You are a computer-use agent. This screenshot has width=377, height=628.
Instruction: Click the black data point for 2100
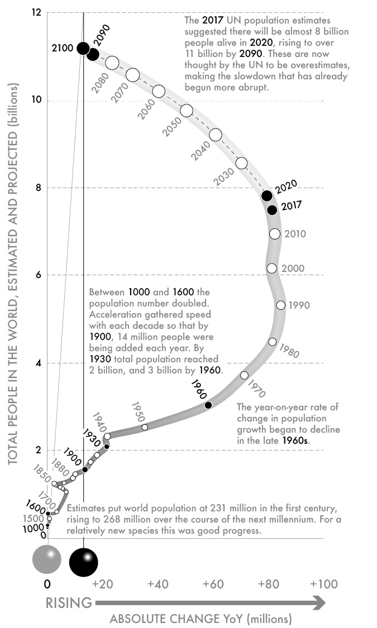83,49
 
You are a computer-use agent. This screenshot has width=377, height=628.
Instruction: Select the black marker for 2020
267,195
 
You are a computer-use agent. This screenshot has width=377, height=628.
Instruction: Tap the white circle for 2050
187,111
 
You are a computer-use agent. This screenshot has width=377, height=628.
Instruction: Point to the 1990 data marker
281,305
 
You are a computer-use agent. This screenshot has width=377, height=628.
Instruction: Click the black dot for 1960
208,405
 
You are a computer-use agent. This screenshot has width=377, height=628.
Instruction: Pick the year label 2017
292,205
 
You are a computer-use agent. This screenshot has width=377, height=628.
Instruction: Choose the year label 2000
293,269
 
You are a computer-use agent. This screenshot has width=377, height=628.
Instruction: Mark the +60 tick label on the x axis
213,584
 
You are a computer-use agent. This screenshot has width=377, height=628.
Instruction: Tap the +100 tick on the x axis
324,584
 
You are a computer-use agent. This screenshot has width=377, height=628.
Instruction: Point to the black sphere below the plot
84,562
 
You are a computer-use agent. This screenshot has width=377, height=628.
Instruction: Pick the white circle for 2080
112,63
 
